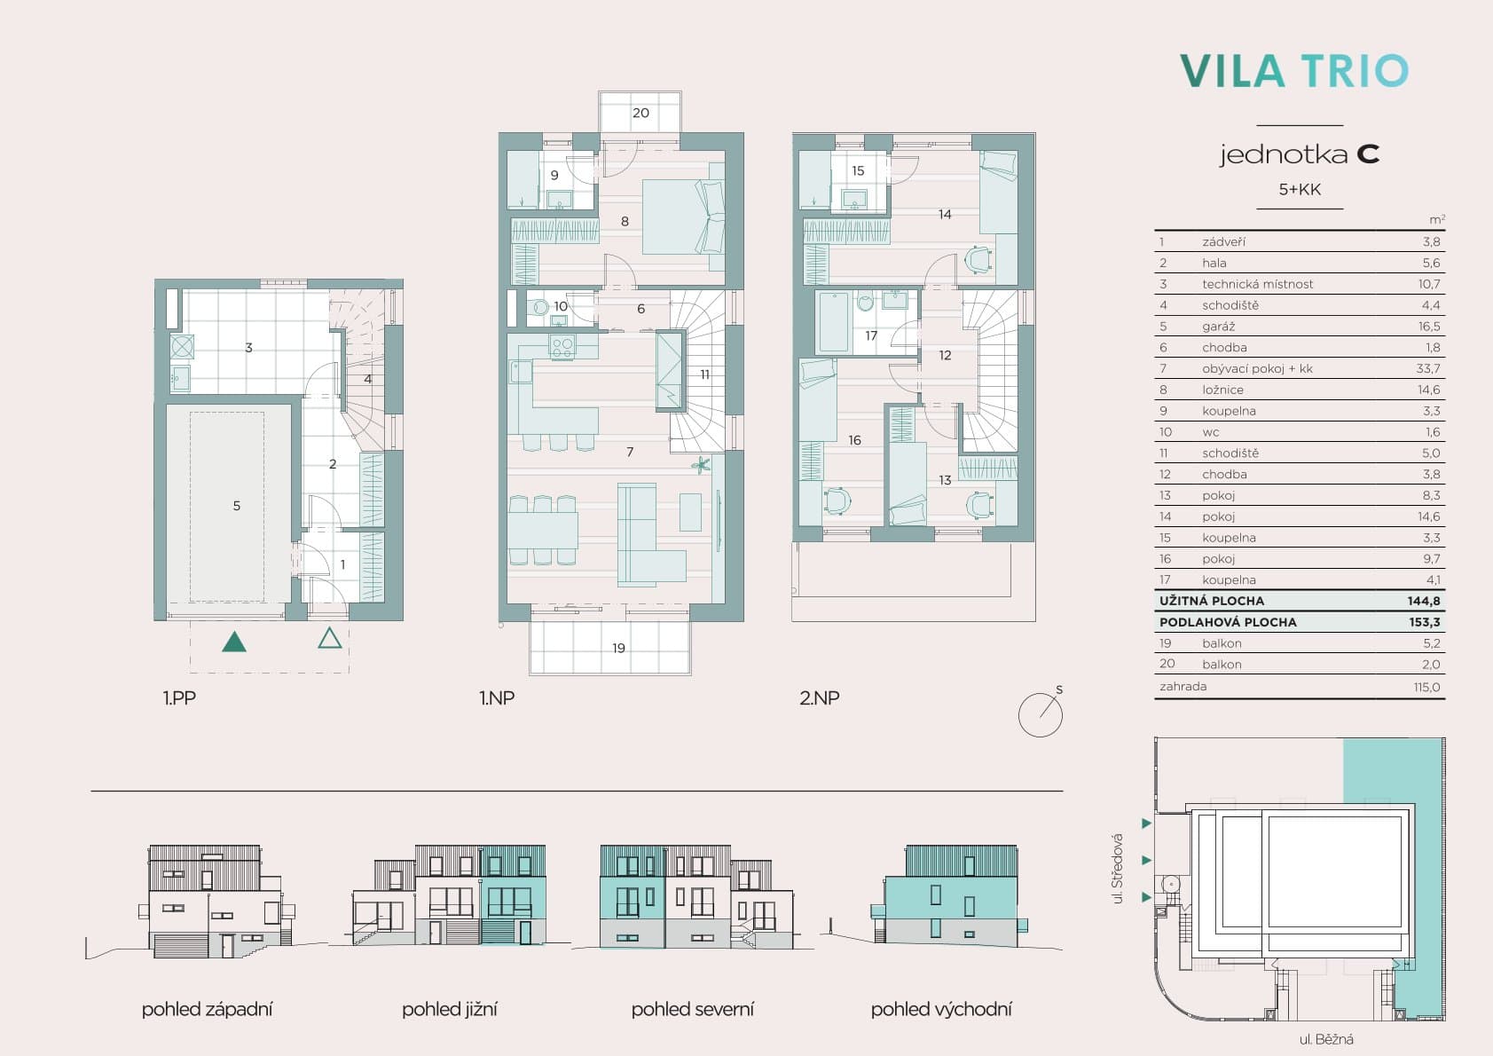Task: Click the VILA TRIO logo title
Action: coord(1294,71)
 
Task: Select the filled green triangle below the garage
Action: coord(234,642)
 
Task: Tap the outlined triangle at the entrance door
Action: coord(330,638)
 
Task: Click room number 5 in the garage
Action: coord(237,506)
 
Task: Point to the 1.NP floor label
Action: coord(497,698)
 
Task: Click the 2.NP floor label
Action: coord(819,698)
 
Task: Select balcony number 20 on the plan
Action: coord(640,113)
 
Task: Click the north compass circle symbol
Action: coord(1040,714)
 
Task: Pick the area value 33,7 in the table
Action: coord(1428,368)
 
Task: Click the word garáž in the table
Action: coord(1218,326)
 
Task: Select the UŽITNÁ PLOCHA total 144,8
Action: coord(1424,601)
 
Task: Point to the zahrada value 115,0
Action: coord(1426,687)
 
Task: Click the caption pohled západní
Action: coord(208,1009)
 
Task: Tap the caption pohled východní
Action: coord(941,1009)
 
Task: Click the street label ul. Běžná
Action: coord(1326,1039)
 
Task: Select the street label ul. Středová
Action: coord(1118,869)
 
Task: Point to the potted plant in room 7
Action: coord(701,464)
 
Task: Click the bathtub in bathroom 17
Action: coord(833,321)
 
